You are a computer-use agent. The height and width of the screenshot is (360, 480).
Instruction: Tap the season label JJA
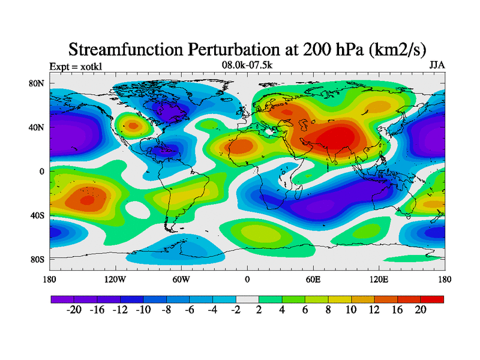pyautogui.click(x=437, y=65)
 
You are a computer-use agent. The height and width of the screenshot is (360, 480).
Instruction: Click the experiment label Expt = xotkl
pyautogui.click(x=76, y=66)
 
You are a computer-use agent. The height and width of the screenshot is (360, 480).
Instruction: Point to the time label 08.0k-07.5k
pyautogui.click(x=246, y=65)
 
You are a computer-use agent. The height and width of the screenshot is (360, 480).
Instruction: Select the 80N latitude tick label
pyautogui.click(x=37, y=83)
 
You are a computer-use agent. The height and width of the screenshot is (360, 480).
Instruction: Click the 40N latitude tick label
pyautogui.click(x=37, y=127)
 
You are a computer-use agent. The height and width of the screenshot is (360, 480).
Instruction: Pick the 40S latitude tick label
pyautogui.click(x=37, y=215)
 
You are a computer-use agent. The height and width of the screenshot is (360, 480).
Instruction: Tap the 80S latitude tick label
pyautogui.click(x=37, y=259)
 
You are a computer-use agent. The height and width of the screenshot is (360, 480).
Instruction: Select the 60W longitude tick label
pyautogui.click(x=181, y=279)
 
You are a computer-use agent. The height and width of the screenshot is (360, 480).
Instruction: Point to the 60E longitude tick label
pyautogui.click(x=313, y=279)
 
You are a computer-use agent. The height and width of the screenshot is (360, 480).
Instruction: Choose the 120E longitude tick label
pyautogui.click(x=379, y=279)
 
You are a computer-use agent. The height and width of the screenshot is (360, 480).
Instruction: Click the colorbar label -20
pyautogui.click(x=74, y=310)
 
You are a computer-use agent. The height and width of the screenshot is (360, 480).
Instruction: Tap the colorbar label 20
pyautogui.click(x=421, y=310)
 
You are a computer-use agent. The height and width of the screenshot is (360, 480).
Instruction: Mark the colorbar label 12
pyautogui.click(x=374, y=310)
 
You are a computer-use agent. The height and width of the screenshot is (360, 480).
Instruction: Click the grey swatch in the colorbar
pyautogui.click(x=247, y=299)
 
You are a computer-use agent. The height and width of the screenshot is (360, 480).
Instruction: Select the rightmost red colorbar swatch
pyautogui.click(x=432, y=299)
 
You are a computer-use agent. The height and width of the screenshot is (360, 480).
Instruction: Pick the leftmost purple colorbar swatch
pyautogui.click(x=62, y=299)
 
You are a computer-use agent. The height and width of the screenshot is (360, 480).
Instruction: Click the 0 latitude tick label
pyautogui.click(x=42, y=171)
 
